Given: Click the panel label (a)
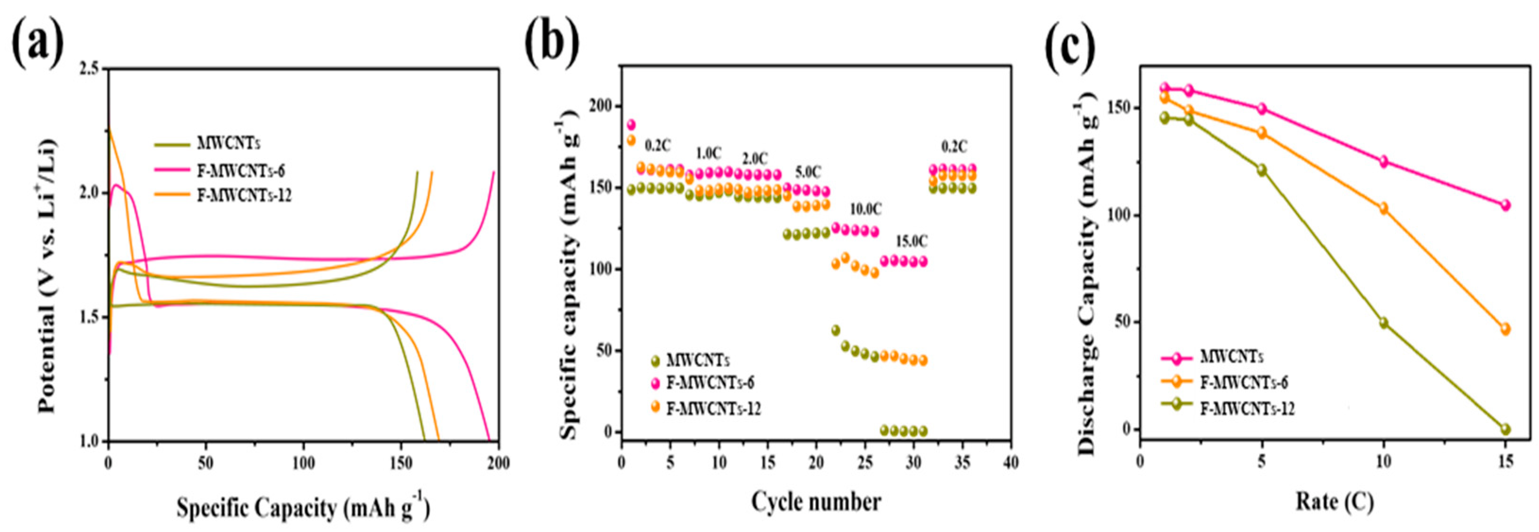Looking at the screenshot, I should (37, 43).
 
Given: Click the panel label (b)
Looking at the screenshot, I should (551, 43).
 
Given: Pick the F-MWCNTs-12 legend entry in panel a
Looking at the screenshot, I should (244, 196).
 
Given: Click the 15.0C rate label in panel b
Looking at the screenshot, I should (911, 241).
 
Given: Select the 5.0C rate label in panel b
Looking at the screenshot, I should (808, 173).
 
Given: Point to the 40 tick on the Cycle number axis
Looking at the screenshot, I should (1011, 463).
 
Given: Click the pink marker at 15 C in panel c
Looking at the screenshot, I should (1505, 205).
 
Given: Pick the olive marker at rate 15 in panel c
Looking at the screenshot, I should (1505, 429).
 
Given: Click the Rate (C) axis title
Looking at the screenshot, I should (1334, 502).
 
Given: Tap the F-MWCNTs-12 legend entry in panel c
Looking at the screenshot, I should (1247, 409).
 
